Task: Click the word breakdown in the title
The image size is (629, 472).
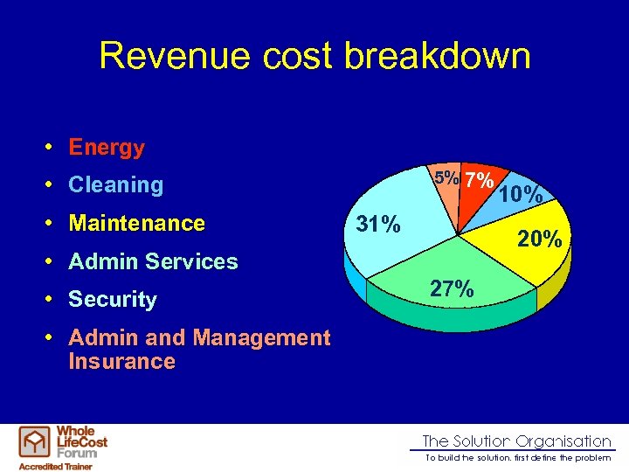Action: (437, 56)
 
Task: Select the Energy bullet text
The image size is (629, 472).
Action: (107, 148)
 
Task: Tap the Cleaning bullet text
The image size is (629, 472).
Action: (115, 185)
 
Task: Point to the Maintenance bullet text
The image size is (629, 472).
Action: (136, 224)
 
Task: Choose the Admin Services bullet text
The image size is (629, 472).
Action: (153, 261)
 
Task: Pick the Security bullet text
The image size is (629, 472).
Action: (113, 300)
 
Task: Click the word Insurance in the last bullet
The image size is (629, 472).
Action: (121, 362)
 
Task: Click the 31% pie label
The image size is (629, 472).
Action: (380, 226)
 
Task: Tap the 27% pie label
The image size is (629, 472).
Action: (453, 288)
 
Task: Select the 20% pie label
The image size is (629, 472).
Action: (539, 238)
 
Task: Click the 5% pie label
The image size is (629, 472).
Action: (448, 177)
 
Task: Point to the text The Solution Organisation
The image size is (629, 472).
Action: (516, 441)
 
